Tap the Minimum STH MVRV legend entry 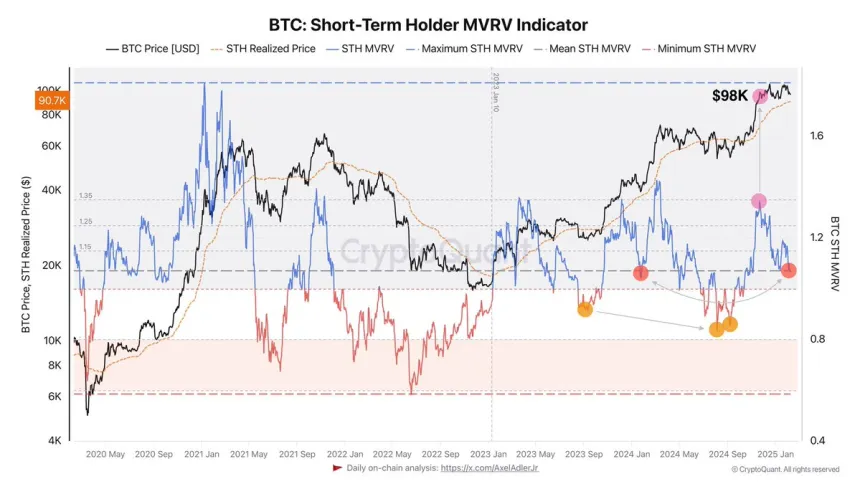tap(700, 48)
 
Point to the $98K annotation tap(729, 95)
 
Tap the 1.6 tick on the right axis tap(818, 136)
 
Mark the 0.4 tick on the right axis tap(818, 441)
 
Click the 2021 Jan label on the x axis tap(203, 454)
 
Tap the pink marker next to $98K tap(760, 96)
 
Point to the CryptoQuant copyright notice tap(785, 468)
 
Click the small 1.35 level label tap(86, 196)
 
